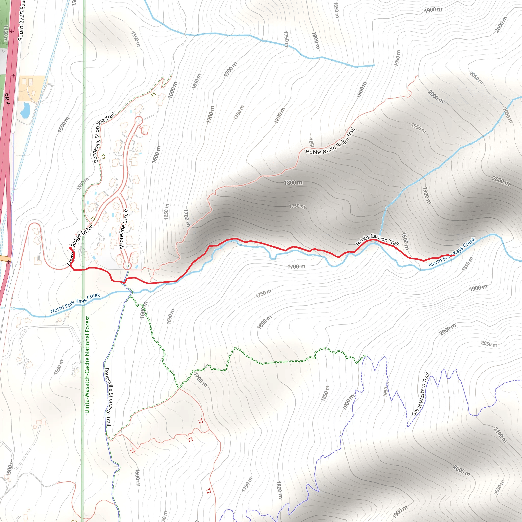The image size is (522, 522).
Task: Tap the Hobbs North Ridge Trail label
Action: tap(330, 141)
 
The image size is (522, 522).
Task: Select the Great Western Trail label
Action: tap(421, 395)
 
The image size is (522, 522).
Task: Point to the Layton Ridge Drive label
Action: tap(80, 245)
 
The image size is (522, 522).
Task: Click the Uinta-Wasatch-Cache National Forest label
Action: tap(87, 365)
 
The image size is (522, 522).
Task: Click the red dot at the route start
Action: tap(71, 248)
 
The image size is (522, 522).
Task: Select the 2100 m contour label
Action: tap(500, 435)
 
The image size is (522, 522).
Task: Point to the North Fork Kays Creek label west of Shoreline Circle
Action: tap(75, 303)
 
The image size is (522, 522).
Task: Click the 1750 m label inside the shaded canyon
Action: tap(297, 206)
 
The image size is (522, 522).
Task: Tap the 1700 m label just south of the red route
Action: tap(296, 267)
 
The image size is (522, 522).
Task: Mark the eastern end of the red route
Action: tap(454, 256)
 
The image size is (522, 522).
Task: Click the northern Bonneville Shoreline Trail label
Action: tap(103, 138)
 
